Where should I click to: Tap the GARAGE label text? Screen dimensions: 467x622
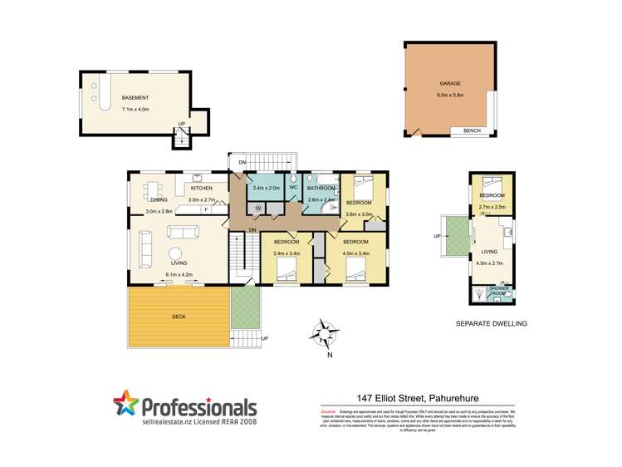[450, 84]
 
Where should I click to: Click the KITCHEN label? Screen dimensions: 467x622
[201, 189]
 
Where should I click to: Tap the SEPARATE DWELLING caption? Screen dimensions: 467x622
[492, 323]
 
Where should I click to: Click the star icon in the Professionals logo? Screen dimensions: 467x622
[126, 405]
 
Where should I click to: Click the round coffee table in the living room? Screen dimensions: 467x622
[176, 254]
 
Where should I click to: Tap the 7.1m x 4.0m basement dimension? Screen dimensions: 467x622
[135, 109]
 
